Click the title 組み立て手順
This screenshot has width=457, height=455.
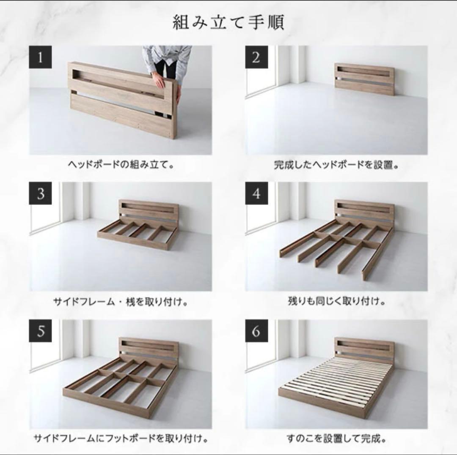point(228,22)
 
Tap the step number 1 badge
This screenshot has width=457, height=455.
point(40,57)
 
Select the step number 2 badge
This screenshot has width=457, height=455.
point(256,57)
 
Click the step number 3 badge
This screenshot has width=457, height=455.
point(40,194)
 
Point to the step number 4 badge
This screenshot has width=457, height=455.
point(256,194)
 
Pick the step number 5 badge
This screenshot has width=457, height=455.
point(40,331)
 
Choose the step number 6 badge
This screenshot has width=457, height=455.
point(256,331)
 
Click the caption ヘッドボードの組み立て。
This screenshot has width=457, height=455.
point(121,164)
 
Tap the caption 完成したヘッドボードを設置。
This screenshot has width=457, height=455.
point(336,164)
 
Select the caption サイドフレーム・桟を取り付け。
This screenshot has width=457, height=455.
point(121,302)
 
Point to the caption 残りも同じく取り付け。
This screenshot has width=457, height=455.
point(336,302)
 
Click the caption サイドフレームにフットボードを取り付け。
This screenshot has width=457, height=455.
point(121,439)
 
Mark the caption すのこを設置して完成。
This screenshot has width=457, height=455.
point(336,439)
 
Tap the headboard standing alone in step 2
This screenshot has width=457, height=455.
point(364,79)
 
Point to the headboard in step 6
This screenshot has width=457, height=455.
point(364,351)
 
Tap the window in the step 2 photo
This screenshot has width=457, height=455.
point(260,72)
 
